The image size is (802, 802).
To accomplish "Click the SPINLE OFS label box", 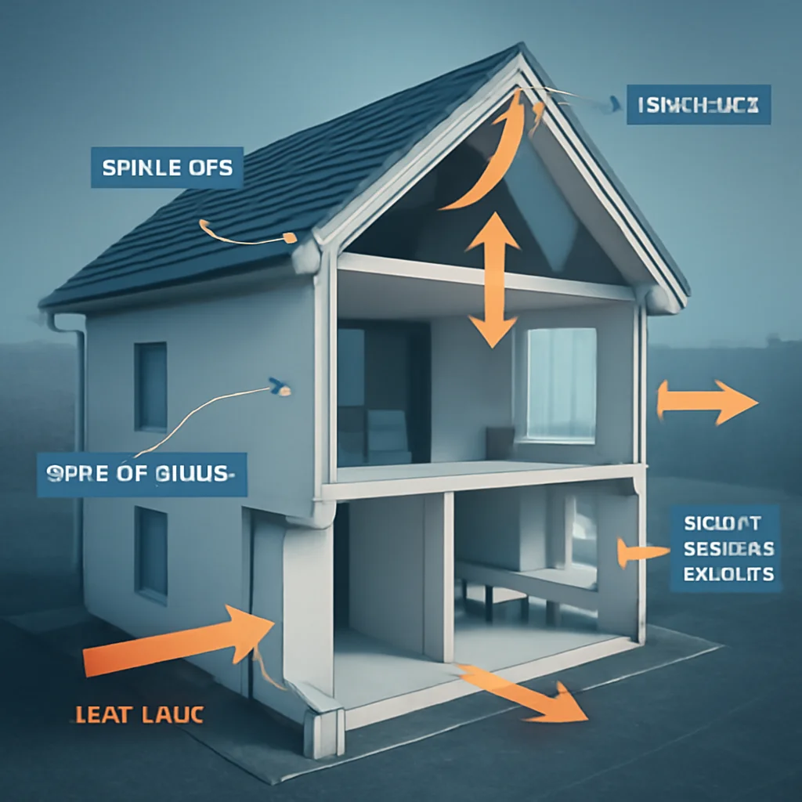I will (x=167, y=168).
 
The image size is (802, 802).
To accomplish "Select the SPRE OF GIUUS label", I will (x=142, y=475).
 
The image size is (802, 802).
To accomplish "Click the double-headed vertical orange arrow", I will (x=493, y=279).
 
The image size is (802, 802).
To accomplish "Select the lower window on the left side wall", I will (x=151, y=552).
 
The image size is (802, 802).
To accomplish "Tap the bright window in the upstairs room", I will (x=561, y=384).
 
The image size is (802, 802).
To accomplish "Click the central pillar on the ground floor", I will (x=438, y=576).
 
